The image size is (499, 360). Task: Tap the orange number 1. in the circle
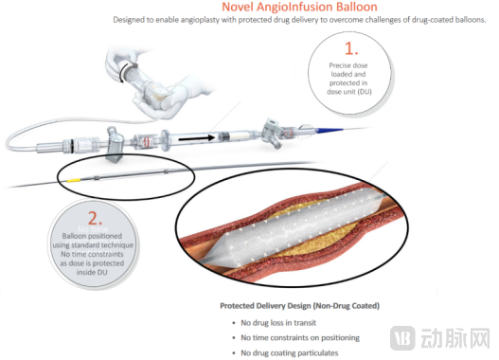tap(351, 48)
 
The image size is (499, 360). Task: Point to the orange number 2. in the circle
tap(95, 219)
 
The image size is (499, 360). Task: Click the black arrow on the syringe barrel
tap(196, 138)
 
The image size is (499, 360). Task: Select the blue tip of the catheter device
tap(330, 130)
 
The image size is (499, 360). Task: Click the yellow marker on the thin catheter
tap(73, 181)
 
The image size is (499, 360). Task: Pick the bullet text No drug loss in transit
tap(278, 323)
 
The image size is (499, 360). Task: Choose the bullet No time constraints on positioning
tap(300, 337)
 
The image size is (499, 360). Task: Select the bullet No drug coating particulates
tap(290, 353)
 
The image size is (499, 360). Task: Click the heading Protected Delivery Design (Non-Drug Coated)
tap(300, 306)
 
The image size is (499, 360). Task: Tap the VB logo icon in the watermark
tap(402, 337)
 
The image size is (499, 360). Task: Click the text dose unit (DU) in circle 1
tap(349, 92)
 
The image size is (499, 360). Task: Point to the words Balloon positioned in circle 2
tap(92, 236)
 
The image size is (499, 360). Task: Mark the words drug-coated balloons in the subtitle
tap(449, 20)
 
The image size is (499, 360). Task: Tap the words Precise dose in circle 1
tap(348, 65)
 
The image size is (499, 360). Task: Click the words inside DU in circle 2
tap(92, 273)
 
